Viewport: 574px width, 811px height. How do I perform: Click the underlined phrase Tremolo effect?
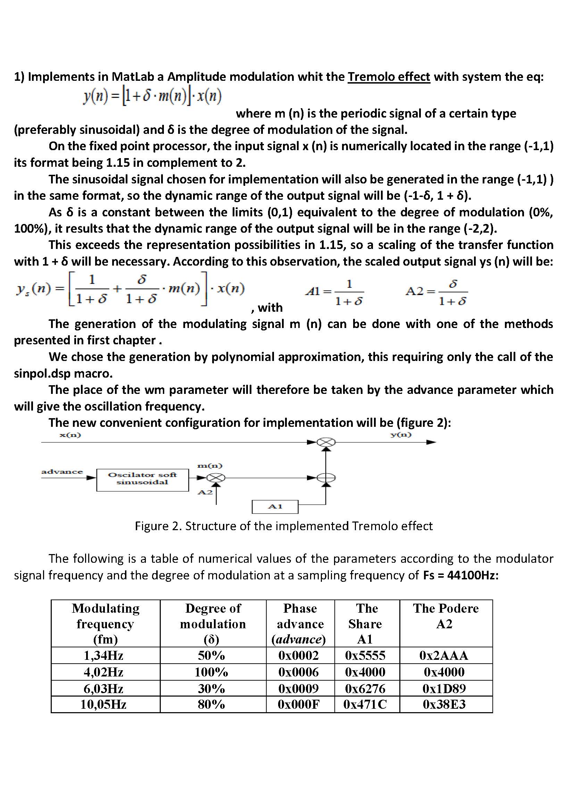click(389, 77)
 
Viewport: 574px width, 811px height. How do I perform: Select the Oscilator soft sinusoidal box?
click(142, 480)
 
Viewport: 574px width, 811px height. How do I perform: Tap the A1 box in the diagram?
click(275, 507)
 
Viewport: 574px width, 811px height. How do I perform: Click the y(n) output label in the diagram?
click(401, 434)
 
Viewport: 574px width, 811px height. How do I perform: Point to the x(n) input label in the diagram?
click(70, 435)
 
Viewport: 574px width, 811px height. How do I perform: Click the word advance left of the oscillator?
click(62, 472)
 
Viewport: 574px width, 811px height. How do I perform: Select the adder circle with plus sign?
click(326, 478)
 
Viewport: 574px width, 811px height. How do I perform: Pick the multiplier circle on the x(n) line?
click(326, 442)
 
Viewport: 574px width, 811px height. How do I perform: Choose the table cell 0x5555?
click(365, 656)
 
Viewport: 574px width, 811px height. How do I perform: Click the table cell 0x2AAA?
click(444, 656)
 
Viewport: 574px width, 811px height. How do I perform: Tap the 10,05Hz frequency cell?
click(103, 704)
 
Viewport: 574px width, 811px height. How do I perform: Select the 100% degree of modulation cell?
click(211, 672)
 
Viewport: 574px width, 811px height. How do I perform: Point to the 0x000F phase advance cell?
click(299, 704)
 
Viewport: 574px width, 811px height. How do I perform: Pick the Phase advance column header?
click(300, 623)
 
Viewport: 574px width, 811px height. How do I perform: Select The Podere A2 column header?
click(445, 616)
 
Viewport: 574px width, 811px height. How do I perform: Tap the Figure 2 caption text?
click(284, 526)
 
